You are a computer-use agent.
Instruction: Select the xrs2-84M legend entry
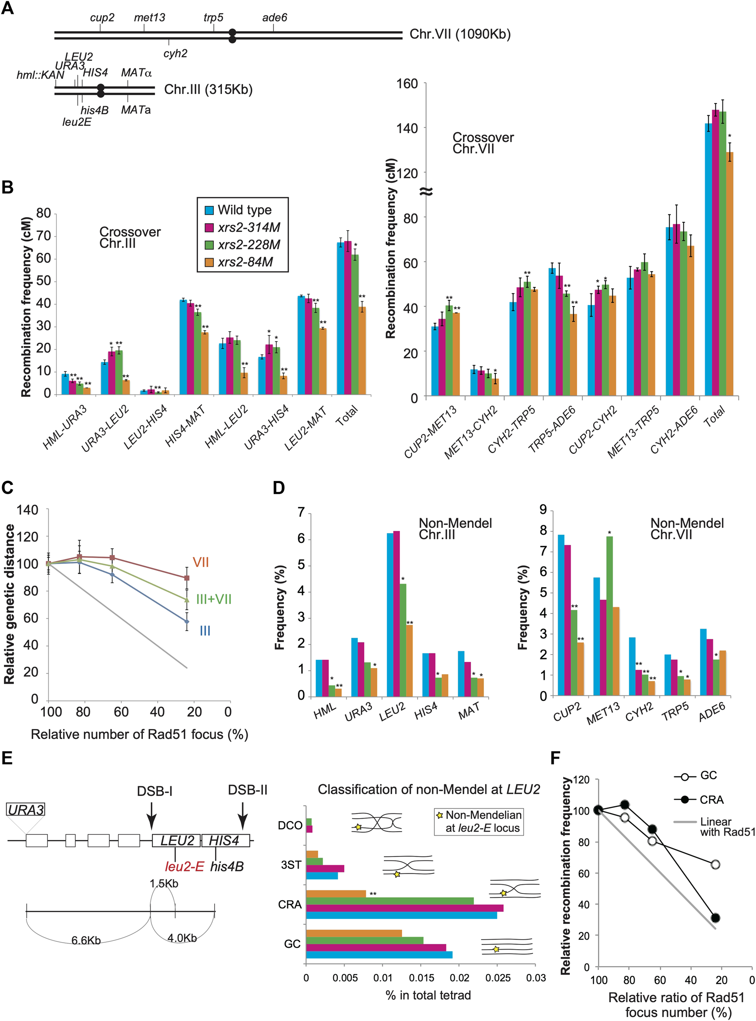[245, 262]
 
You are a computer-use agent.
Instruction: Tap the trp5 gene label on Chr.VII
[213, 18]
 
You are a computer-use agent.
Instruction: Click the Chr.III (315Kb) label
[208, 89]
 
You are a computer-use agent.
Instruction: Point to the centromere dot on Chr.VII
[232, 36]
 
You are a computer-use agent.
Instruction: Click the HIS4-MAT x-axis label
[185, 426]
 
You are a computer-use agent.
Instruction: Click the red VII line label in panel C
[201, 562]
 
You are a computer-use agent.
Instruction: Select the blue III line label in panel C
[205, 631]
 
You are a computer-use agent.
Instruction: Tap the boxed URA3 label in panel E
[26, 809]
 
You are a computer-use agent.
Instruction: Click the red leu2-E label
[185, 867]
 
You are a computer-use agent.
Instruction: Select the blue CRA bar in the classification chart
[401, 915]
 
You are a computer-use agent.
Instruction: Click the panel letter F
[555, 758]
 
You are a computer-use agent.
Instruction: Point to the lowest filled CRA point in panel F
[715, 917]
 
